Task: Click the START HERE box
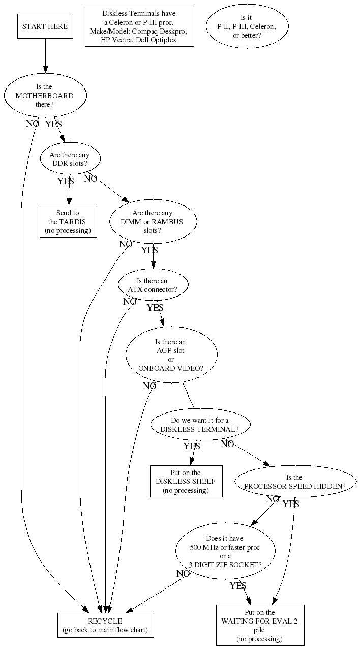(45, 26)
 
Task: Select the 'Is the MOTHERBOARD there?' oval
(45, 95)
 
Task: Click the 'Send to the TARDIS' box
(67, 221)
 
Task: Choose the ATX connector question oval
(153, 285)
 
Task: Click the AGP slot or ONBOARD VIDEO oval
(171, 355)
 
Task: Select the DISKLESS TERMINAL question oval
(200, 425)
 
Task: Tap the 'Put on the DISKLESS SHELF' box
(186, 481)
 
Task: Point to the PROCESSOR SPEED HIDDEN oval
(294, 482)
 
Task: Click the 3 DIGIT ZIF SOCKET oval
(225, 551)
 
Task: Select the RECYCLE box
(105, 626)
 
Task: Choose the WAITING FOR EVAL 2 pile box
(260, 625)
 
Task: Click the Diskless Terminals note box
(139, 26)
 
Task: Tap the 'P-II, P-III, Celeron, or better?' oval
(247, 26)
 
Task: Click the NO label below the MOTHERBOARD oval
(33, 123)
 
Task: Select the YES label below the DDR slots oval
(66, 181)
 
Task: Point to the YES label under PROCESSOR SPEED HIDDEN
(291, 504)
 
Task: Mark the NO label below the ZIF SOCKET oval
(183, 574)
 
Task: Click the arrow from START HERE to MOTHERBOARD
(45, 56)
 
